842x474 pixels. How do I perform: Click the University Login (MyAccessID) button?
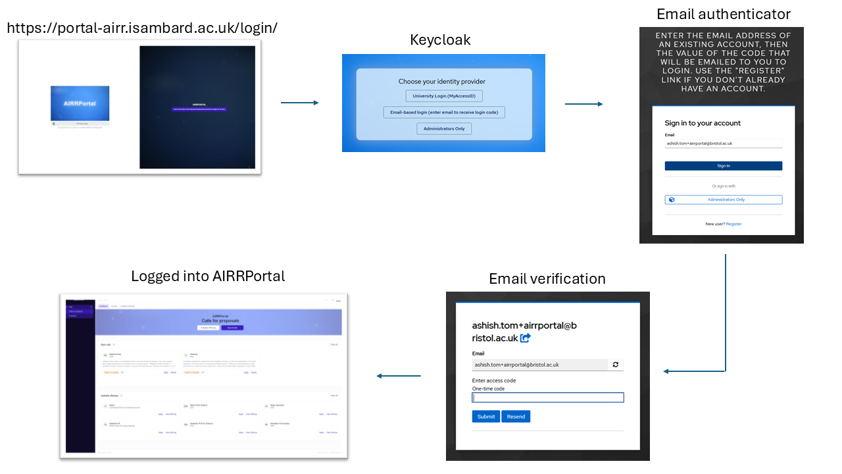coord(444,96)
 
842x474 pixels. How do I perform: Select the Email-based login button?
coord(444,113)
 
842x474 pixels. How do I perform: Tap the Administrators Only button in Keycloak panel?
coord(444,128)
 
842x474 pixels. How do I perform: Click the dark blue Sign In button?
coord(723,166)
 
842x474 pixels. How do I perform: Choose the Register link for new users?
coord(733,224)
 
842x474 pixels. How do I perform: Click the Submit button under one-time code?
coord(486,416)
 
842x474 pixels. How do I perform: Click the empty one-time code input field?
coord(548,398)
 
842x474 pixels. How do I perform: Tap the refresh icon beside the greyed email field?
coord(616,364)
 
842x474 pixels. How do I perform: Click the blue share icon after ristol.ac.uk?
coord(526,338)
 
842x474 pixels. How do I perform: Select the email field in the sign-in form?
coord(723,144)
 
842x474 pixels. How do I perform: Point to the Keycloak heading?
coord(440,40)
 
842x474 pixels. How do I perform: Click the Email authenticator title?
coord(723,14)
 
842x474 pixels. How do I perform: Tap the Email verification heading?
coord(547,278)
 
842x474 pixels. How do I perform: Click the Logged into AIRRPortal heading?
coord(208,276)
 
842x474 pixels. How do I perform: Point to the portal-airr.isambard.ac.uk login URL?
coord(142,28)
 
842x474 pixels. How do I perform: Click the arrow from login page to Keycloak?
coord(299,103)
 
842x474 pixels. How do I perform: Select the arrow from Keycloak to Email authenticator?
coord(583,104)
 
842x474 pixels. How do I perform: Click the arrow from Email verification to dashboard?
coord(399,376)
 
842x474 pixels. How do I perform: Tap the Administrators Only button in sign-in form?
coord(723,199)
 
